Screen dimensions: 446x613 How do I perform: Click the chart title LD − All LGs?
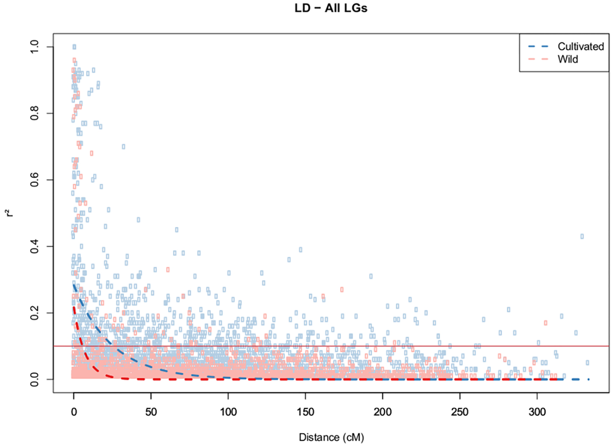[323, 9]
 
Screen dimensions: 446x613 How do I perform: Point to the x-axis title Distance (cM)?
[332, 437]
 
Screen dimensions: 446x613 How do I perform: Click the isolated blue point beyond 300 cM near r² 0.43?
[582, 236]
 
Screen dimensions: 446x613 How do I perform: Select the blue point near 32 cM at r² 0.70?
[123, 147]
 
